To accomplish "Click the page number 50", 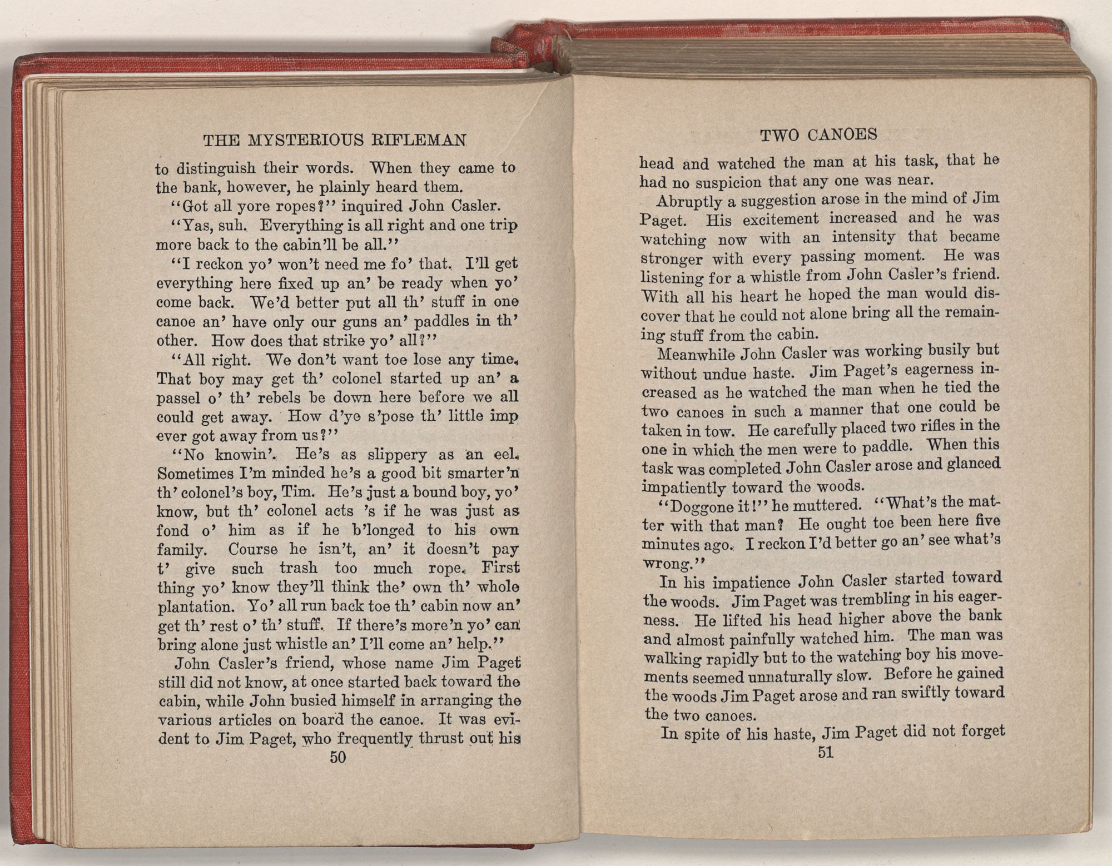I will click(x=337, y=757).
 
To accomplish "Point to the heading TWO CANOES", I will click(x=818, y=135).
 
